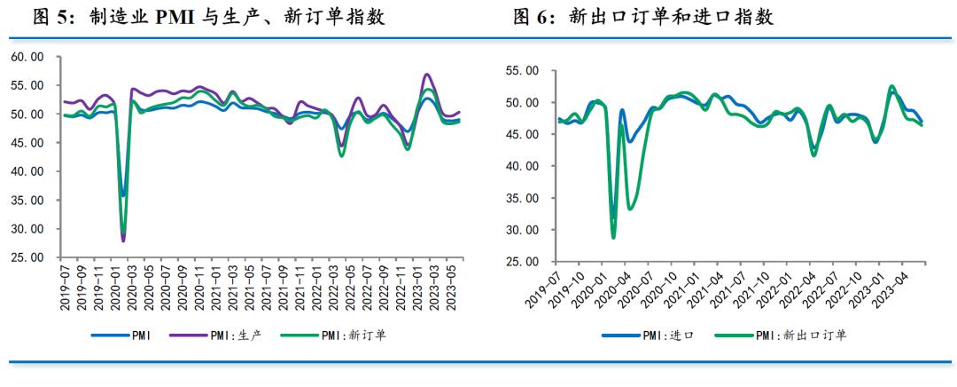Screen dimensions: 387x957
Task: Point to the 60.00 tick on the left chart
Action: tap(27, 57)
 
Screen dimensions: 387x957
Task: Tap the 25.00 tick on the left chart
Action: tap(27, 258)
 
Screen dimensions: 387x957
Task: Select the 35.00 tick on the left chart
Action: tap(27, 201)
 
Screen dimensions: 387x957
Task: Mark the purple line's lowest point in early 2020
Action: tap(123, 241)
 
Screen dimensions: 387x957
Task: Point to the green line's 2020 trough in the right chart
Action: tap(613, 237)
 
